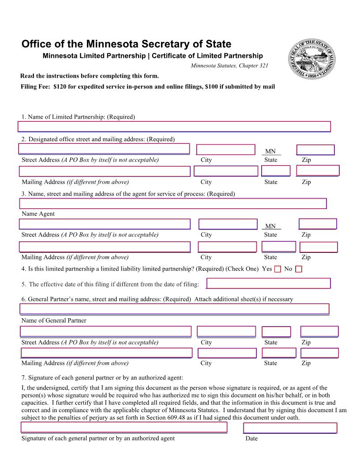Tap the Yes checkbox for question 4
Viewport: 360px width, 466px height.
[277, 269]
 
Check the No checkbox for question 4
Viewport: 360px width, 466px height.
[299, 269]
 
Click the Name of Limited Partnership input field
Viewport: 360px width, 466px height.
[174, 127]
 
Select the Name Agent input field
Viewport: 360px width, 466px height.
[173, 203]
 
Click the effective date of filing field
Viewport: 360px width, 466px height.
[268, 283]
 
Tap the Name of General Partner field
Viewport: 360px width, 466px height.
[174, 309]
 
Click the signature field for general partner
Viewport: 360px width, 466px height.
[124, 427]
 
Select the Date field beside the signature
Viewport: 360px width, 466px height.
[290, 428]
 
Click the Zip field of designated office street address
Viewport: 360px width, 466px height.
[315, 150]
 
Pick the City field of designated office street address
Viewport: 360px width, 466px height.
[225, 150]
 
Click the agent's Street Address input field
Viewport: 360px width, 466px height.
[105, 224]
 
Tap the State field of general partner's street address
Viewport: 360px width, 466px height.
[276, 332]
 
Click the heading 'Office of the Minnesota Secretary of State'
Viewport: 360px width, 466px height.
[126, 44]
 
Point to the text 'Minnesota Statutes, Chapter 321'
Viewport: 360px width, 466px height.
[229, 66]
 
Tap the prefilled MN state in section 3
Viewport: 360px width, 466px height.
[270, 226]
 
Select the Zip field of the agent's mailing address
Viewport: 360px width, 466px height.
[319, 247]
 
